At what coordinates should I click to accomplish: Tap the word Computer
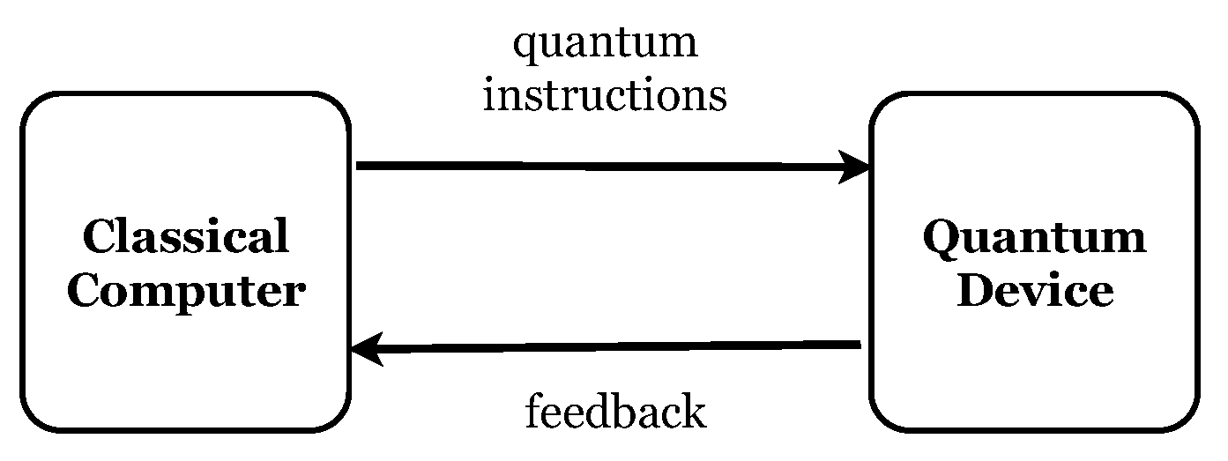click(186, 292)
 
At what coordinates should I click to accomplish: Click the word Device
click(1034, 292)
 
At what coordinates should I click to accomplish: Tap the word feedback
click(615, 412)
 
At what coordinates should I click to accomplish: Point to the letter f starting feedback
click(534, 411)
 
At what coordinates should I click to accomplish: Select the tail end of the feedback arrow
click(857, 345)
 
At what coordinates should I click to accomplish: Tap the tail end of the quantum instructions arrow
click(360, 165)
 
